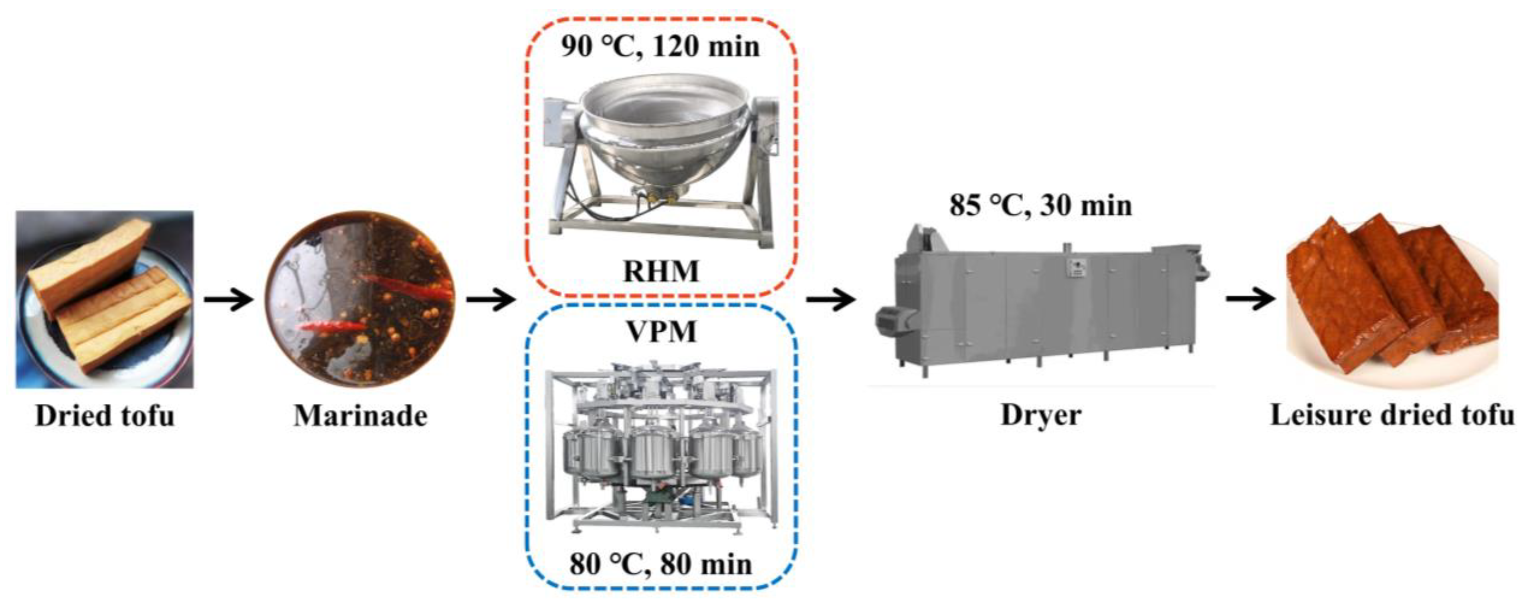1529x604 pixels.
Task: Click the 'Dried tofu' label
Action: (105, 416)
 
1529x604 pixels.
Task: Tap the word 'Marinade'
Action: (360, 416)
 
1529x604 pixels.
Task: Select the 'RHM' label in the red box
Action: (660, 271)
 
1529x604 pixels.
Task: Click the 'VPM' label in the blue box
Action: (660, 331)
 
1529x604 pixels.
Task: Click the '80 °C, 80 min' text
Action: (660, 564)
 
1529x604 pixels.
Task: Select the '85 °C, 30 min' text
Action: (1040, 205)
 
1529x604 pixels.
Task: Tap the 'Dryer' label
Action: (1040, 415)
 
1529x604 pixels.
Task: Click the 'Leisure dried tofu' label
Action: (1392, 415)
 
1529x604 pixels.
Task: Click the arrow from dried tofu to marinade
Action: (228, 300)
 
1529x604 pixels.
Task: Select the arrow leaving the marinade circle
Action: (490, 300)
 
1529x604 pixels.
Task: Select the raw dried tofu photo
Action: (105, 300)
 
